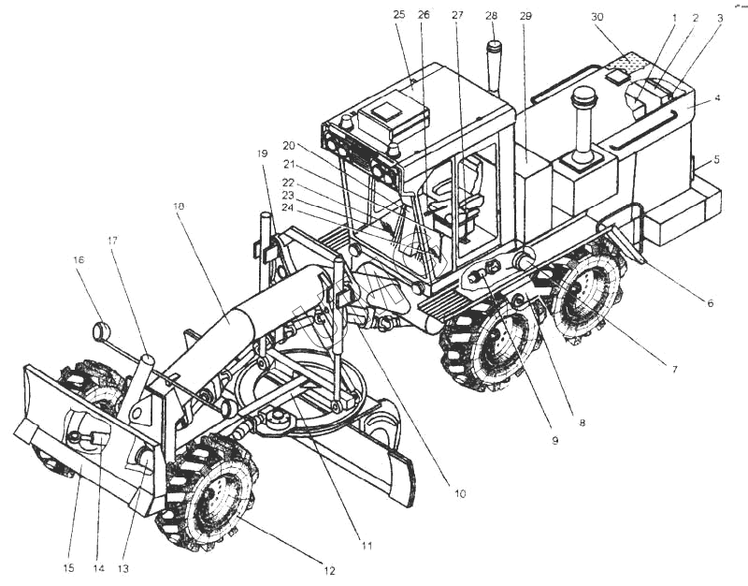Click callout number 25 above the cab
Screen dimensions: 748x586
pyautogui.click(x=399, y=14)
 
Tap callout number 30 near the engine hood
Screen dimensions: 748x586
pyautogui.click(x=597, y=17)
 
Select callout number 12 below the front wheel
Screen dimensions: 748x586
pyautogui.click(x=329, y=570)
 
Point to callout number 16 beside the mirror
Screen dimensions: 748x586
pyautogui.click(x=79, y=259)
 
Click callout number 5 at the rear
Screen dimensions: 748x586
pyautogui.click(x=717, y=159)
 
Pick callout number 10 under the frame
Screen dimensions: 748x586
pyautogui.click(x=459, y=494)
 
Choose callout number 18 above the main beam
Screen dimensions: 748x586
pyautogui.click(x=179, y=206)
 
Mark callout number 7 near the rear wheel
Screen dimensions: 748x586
pyautogui.click(x=674, y=369)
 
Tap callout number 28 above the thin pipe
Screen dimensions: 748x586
pyautogui.click(x=492, y=15)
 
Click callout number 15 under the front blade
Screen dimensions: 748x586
pyautogui.click(x=68, y=568)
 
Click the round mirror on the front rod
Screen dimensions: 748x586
pyautogui.click(x=101, y=330)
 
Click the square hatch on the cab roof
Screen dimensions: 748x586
pyautogui.click(x=384, y=111)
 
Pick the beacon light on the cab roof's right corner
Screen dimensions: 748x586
pyautogui.click(x=395, y=150)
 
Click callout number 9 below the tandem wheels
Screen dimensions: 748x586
pyautogui.click(x=554, y=440)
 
